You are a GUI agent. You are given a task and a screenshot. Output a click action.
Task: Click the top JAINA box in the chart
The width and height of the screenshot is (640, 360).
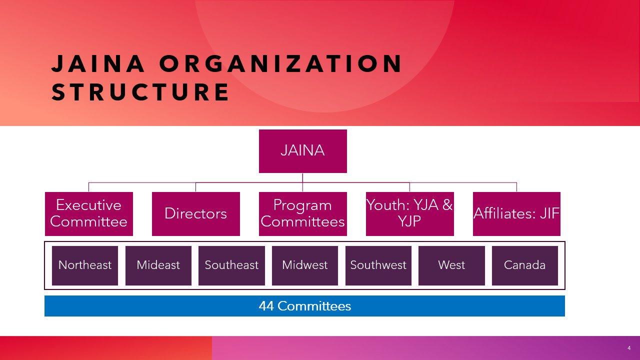click(303, 151)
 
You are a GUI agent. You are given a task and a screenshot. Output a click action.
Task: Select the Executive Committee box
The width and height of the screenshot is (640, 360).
click(89, 213)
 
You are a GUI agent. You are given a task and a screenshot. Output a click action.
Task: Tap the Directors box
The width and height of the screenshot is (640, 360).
click(195, 213)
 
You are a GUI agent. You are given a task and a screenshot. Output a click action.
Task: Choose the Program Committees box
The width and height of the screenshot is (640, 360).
click(303, 213)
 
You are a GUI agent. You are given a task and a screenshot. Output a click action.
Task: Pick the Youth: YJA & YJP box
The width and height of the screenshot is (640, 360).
click(409, 213)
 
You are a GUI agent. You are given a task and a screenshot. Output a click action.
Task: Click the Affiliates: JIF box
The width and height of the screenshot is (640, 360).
click(516, 213)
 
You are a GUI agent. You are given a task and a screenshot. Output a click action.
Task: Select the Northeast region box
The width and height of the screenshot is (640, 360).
click(85, 265)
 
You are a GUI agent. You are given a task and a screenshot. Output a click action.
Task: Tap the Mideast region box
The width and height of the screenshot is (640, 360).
click(158, 265)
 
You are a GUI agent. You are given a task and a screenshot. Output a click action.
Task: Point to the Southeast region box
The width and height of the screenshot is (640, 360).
click(231, 265)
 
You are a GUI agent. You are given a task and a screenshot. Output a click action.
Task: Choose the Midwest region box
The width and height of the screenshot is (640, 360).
click(305, 265)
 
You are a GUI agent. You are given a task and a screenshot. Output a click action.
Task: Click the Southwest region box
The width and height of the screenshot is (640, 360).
click(378, 265)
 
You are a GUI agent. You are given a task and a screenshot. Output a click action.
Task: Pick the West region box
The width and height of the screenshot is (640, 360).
click(451, 265)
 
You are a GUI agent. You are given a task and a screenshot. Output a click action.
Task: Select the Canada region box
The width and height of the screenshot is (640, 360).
click(525, 265)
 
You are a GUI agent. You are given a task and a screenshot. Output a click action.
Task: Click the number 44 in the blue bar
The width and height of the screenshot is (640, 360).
click(266, 306)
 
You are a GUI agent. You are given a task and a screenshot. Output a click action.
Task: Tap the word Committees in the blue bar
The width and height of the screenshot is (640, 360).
click(314, 306)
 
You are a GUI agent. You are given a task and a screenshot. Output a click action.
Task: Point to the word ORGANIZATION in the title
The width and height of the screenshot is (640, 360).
click(281, 63)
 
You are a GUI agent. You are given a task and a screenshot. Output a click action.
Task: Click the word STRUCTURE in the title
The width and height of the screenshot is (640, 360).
click(140, 91)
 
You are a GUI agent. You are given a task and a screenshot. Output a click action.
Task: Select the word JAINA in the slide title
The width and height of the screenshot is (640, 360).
click(97, 63)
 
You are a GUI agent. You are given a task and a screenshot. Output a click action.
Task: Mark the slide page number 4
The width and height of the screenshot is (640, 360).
click(629, 348)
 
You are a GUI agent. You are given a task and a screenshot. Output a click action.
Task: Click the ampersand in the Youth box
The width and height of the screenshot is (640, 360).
click(447, 205)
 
